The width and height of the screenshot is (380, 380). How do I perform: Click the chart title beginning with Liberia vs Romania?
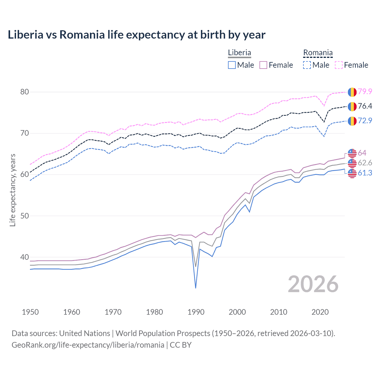click(137, 35)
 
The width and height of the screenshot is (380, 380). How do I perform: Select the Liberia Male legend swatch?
click(232, 65)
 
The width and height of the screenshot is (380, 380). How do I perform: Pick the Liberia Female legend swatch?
click(263, 65)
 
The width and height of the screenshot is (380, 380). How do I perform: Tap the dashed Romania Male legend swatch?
click(307, 65)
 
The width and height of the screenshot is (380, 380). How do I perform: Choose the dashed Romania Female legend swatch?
click(339, 65)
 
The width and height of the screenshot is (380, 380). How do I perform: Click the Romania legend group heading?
click(318, 53)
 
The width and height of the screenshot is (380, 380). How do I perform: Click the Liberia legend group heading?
click(239, 53)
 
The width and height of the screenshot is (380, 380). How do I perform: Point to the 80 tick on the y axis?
click(25, 92)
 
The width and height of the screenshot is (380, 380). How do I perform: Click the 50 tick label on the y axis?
click(25, 216)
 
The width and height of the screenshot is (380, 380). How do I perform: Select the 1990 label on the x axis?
click(196, 312)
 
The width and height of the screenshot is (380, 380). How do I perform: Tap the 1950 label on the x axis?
click(30, 312)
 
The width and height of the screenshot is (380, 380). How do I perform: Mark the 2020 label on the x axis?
click(320, 312)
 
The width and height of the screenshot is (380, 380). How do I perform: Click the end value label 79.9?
click(365, 91)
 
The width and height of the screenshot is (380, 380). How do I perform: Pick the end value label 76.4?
click(365, 106)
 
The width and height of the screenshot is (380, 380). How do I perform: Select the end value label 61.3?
click(365, 173)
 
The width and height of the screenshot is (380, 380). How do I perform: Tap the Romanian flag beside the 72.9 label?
click(352, 121)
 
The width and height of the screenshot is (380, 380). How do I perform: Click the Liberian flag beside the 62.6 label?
click(352, 163)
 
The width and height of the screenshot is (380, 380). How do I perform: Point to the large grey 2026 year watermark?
click(313, 284)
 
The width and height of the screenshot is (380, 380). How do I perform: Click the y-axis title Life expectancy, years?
click(12, 190)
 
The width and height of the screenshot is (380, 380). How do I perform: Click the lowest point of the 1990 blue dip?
click(196, 288)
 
